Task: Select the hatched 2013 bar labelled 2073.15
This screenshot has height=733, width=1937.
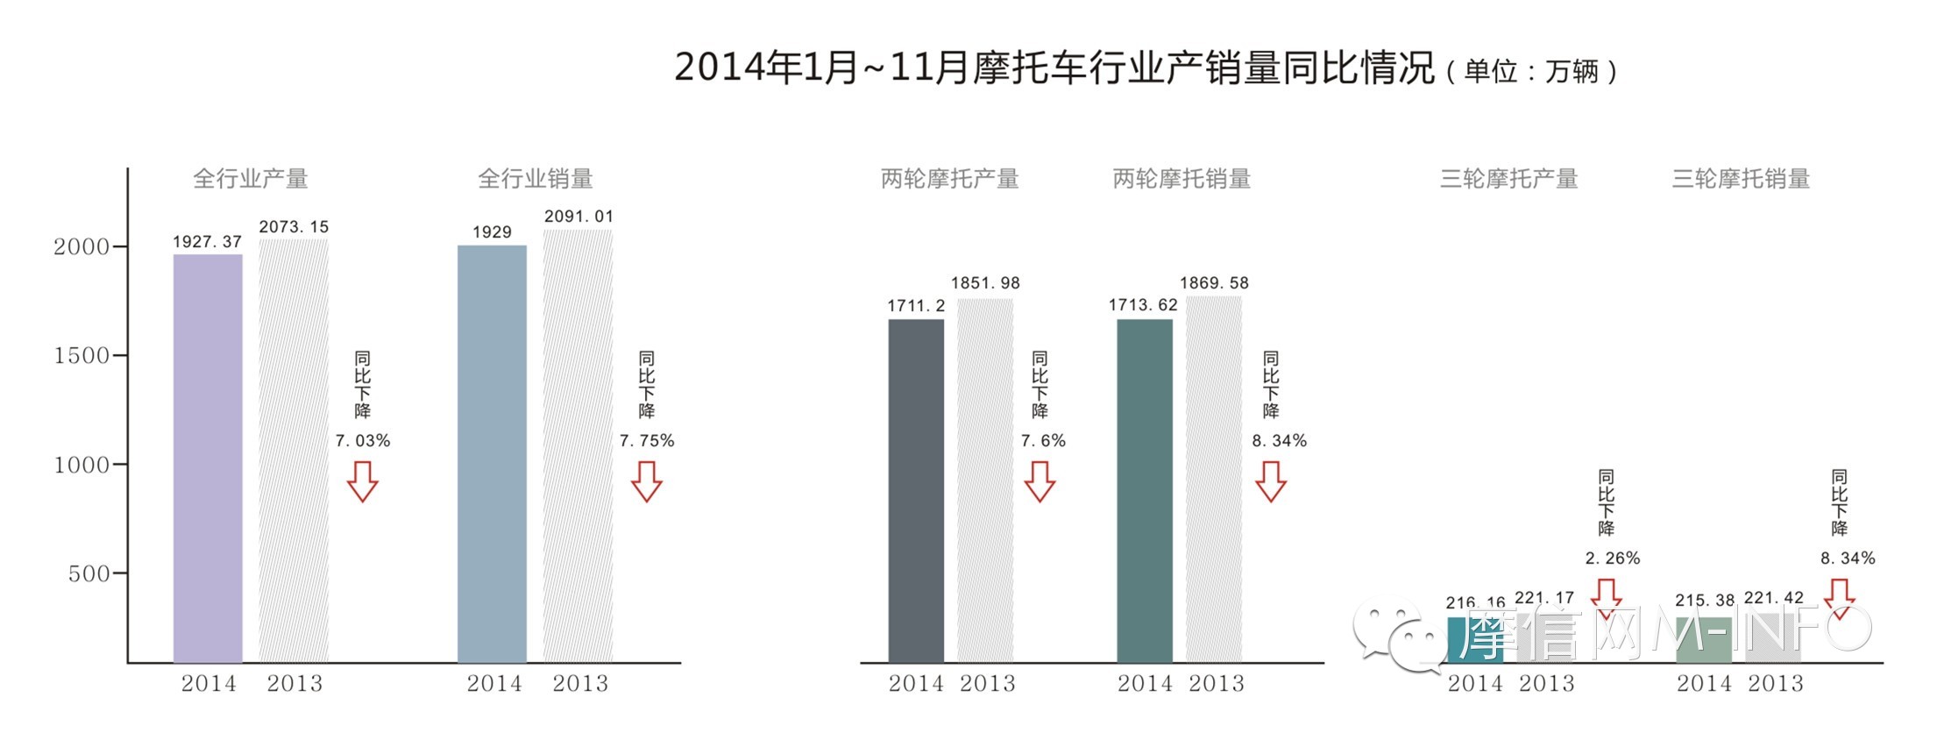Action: tap(294, 451)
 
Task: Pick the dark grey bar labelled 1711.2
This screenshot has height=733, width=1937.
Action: tap(916, 491)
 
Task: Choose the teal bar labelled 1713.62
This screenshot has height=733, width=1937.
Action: tap(1145, 491)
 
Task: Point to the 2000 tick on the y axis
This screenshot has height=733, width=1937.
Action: tap(81, 247)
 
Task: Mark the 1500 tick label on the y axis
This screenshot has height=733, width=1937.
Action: tap(81, 356)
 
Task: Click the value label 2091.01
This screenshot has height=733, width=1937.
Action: tap(578, 217)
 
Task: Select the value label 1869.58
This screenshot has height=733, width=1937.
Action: tap(1214, 283)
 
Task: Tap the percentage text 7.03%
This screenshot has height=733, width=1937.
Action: tap(363, 441)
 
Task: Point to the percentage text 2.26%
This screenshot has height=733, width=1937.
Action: tap(1612, 559)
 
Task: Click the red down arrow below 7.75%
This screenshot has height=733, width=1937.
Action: tap(647, 481)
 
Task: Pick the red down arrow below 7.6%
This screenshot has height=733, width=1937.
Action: tap(1040, 481)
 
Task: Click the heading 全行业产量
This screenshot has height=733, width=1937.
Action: tap(251, 179)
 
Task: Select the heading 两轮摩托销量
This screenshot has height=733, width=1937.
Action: tap(1181, 179)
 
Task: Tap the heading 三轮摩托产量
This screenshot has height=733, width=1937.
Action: tap(1508, 179)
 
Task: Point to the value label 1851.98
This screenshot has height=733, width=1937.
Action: tap(985, 283)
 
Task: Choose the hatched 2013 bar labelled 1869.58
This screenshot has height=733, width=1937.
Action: tap(1214, 479)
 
